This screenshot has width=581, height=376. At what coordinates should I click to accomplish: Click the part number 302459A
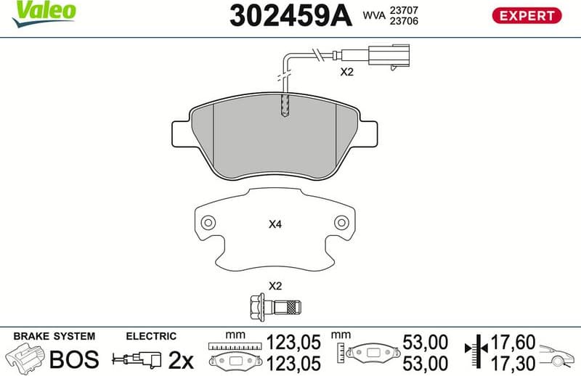[290, 15]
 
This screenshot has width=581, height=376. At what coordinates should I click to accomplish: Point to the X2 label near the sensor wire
[346, 73]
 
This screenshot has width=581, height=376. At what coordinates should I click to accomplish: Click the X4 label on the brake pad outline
[275, 225]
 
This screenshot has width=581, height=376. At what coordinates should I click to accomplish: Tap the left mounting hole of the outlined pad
[207, 223]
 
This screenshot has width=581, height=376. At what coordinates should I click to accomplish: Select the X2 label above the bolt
[275, 285]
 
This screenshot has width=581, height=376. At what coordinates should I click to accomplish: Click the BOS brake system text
[73, 359]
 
